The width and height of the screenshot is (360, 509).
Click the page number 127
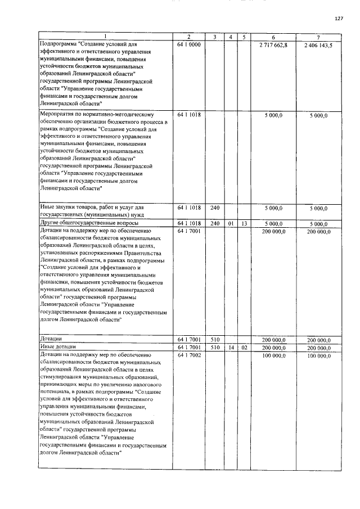[339, 19]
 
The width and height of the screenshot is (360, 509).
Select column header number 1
[104, 37]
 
